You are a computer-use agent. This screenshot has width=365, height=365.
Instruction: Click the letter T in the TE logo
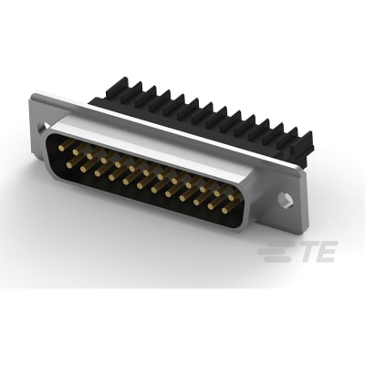(x=305, y=251)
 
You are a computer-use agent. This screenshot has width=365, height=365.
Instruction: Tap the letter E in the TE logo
(x=325, y=251)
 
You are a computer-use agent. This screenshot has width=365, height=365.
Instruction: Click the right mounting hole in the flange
(x=287, y=198)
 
